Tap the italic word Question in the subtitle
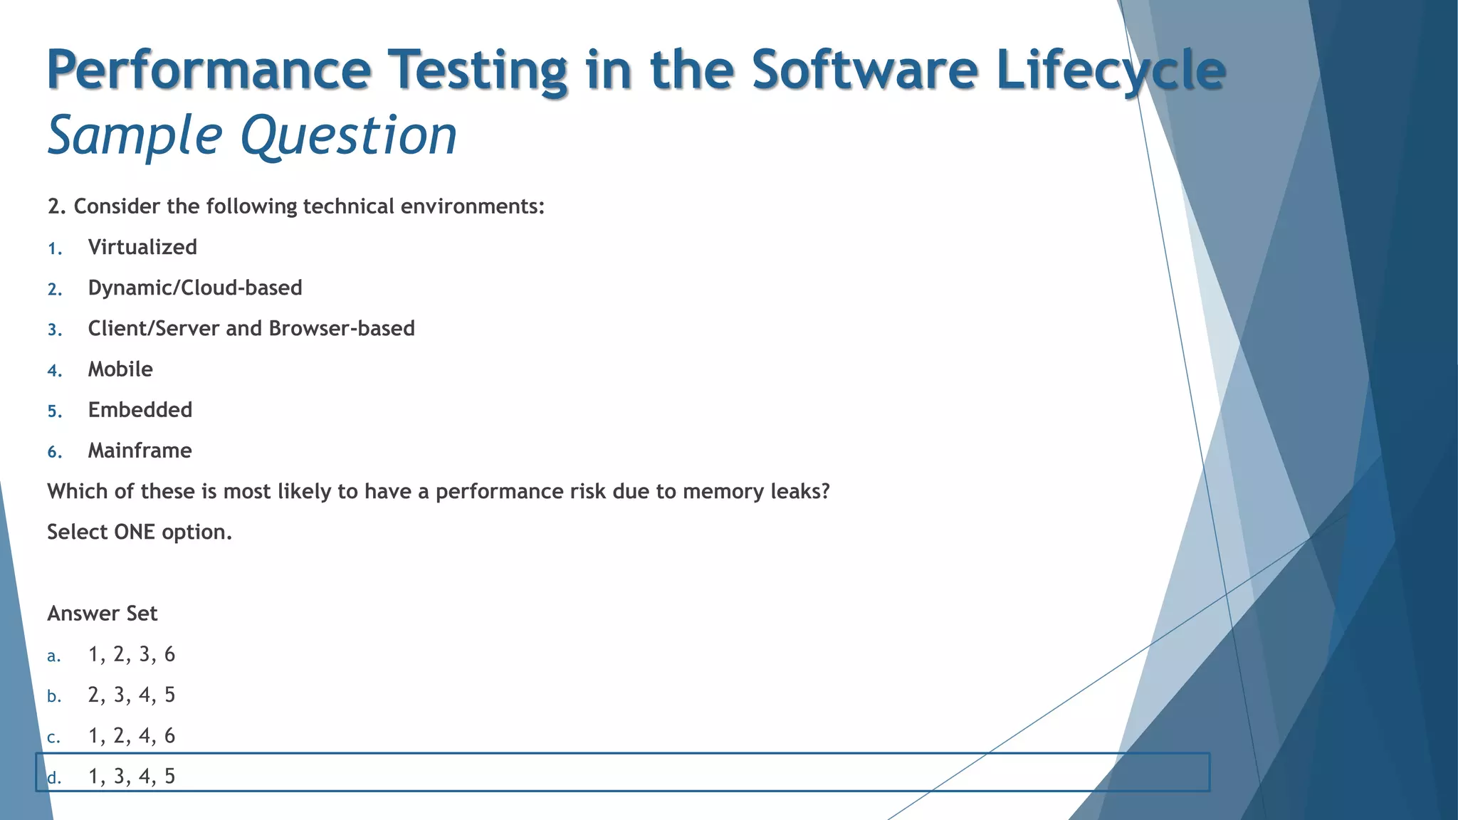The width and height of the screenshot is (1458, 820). click(x=349, y=135)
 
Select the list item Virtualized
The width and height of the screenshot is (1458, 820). click(x=142, y=247)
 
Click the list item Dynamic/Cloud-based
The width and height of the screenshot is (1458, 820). click(x=195, y=288)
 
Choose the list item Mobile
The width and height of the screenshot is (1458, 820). click(x=120, y=369)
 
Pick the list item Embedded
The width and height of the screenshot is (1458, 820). click(x=140, y=409)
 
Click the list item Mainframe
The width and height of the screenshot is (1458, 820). click(x=140, y=451)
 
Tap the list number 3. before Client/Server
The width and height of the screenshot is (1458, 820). click(x=55, y=330)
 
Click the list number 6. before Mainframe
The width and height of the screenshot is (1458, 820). click(x=55, y=452)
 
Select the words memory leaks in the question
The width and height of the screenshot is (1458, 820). click(x=756, y=491)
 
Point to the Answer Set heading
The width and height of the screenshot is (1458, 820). click(x=103, y=613)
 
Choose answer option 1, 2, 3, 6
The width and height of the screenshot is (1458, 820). click(x=132, y=654)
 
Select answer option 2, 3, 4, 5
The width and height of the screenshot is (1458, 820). click(x=132, y=695)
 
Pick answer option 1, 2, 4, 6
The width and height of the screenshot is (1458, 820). click(x=132, y=735)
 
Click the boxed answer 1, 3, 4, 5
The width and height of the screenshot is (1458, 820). click(x=132, y=776)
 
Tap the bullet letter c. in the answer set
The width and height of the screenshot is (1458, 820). click(x=53, y=737)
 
